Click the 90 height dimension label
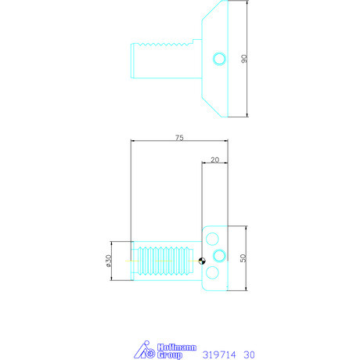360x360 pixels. pyautogui.click(x=244, y=59)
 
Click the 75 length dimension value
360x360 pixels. pyautogui.click(x=179, y=137)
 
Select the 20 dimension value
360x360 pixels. pyautogui.click(x=215, y=159)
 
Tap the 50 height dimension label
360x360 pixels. pyautogui.click(x=244, y=257)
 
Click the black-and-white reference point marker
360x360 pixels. pyautogui.click(x=202, y=261)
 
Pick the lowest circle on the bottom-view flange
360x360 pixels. pyautogui.click(x=212, y=272)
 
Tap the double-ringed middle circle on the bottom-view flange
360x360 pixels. pyautogui.click(x=218, y=256)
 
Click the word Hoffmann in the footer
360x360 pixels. pyautogui.click(x=167, y=346)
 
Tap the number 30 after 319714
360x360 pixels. pyautogui.click(x=250, y=354)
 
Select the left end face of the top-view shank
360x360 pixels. pyautogui.click(x=131, y=59)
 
